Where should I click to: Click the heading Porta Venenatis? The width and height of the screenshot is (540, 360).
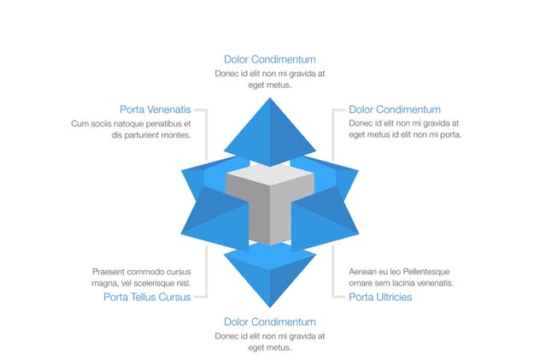[x=156, y=109]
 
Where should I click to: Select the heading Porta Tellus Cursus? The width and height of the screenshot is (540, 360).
[x=147, y=298]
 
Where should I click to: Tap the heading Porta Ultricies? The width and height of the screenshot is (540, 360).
[x=380, y=298]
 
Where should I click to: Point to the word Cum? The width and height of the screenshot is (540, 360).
[x=79, y=123]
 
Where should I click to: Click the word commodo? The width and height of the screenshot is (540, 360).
[x=150, y=271]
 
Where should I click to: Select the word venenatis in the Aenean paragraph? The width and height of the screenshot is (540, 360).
[x=435, y=283]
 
